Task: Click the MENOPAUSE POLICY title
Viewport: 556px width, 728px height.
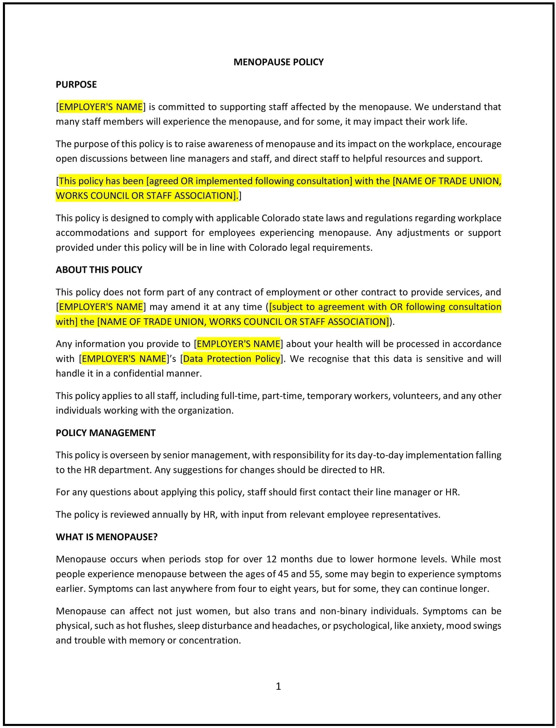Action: pos(278,62)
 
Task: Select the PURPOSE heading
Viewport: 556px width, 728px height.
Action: pos(76,85)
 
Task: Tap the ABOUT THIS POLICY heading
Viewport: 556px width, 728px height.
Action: pos(98,269)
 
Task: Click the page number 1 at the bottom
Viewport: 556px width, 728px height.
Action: pos(278,686)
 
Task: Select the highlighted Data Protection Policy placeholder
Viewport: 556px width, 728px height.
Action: pos(232,359)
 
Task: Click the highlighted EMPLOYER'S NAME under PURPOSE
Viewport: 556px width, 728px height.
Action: pos(101,107)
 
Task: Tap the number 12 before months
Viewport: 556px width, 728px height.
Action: pos(271,559)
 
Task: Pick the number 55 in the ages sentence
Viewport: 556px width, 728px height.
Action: pos(314,574)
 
